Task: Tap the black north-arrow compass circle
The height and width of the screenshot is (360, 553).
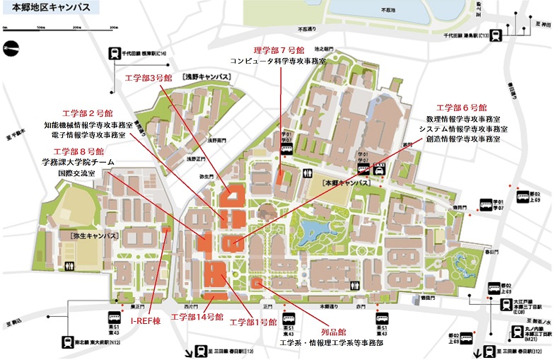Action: pyautogui.click(x=10, y=49)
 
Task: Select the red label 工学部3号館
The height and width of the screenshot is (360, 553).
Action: pyautogui.click(x=148, y=77)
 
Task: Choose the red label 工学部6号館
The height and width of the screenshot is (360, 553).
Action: pyautogui.click(x=461, y=108)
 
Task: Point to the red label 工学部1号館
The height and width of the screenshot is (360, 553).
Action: pyautogui.click(x=253, y=322)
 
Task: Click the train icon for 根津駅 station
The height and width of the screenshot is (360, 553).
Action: pyautogui.click(x=115, y=52)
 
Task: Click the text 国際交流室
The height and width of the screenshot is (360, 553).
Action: pyautogui.click(x=78, y=172)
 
